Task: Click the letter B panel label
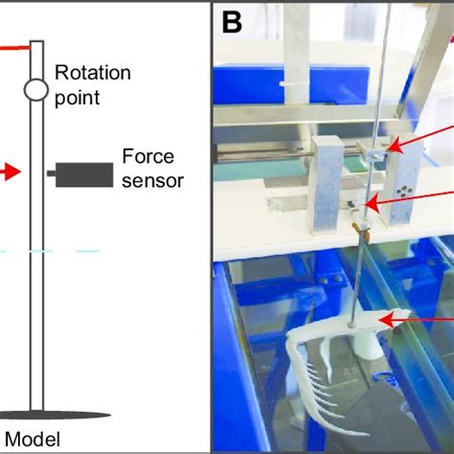click(233, 22)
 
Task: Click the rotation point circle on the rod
click(36, 90)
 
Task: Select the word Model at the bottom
click(35, 440)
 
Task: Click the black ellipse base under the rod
click(38, 415)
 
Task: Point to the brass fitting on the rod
click(361, 229)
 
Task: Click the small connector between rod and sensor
click(50, 174)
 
